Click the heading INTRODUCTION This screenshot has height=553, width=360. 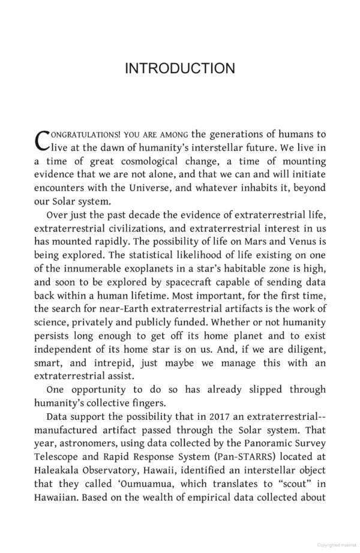(x=179, y=68)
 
